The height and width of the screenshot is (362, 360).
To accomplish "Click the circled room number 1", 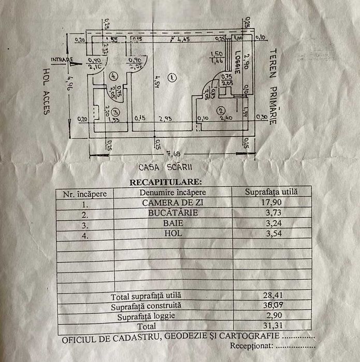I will coord(172,77).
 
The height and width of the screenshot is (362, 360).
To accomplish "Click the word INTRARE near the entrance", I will coord(62,59).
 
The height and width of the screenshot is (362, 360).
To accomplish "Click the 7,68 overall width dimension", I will coord(172,154).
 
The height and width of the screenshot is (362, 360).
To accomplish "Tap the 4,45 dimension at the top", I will coord(182,39).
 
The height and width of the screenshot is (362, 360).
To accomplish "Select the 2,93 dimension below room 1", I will coord(165,119).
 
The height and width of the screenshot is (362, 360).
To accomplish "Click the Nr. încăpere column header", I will coord(85,193).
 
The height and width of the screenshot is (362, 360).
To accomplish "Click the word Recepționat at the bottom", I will coord(251,344).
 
